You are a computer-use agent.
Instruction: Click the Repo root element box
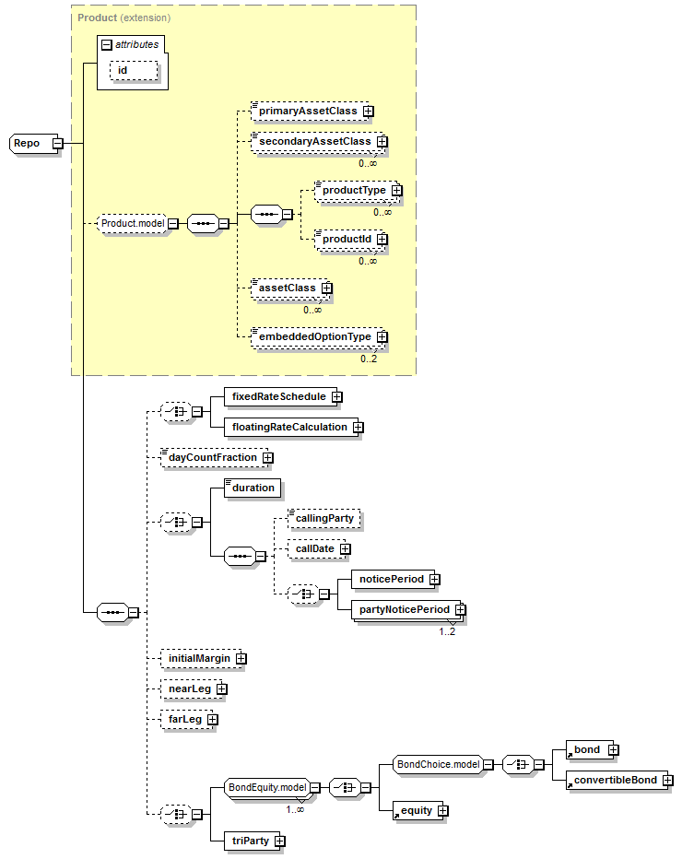[35, 144]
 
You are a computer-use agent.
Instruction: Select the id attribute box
[134, 71]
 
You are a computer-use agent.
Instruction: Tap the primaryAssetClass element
[312, 112]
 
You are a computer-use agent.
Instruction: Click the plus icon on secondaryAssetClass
[382, 142]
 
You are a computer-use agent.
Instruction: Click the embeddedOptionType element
[319, 337]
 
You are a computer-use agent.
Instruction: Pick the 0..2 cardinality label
[369, 359]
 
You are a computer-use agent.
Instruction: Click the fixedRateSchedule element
[283, 396]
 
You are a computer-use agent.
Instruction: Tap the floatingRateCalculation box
[294, 428]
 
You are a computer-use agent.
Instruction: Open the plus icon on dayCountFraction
[268, 457]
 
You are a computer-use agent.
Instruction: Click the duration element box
[253, 488]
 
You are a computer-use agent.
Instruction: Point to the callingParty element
[324, 519]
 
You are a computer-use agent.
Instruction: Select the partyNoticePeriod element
[408, 610]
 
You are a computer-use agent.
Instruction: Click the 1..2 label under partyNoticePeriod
[447, 631]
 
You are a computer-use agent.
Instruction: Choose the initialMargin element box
[203, 658]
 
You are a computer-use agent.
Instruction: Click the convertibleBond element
[619, 780]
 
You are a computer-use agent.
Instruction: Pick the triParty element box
[254, 841]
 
